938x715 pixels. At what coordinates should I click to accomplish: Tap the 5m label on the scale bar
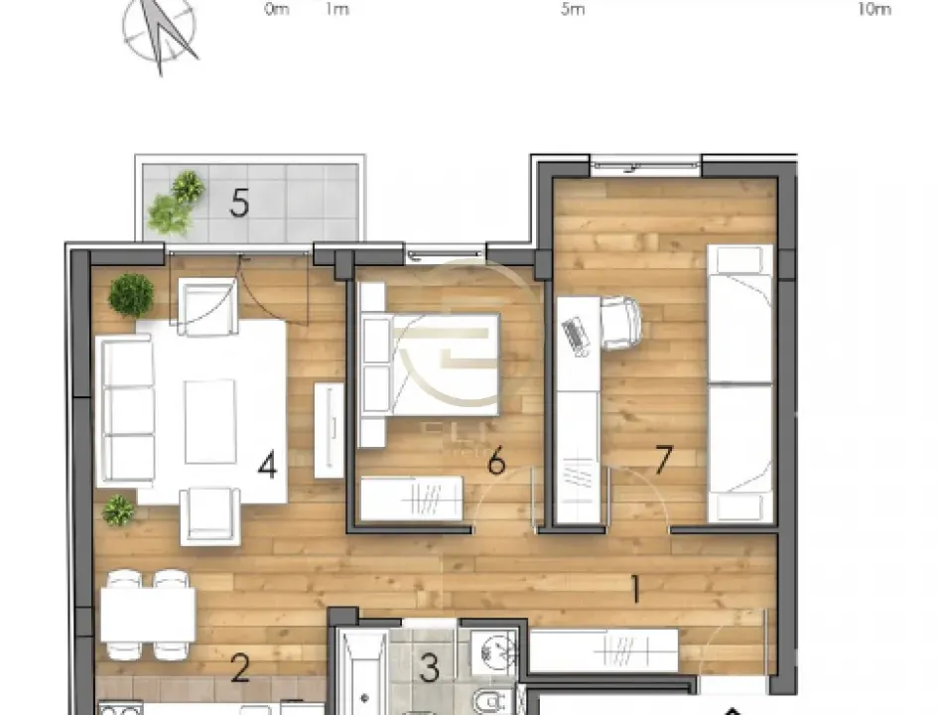(573, 10)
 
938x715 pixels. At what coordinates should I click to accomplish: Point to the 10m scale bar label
(873, 10)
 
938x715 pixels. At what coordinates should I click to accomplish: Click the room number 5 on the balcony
(239, 204)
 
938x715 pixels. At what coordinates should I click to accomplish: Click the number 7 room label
(664, 459)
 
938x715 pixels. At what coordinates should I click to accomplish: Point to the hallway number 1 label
(634, 590)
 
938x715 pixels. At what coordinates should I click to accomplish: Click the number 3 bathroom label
(429, 667)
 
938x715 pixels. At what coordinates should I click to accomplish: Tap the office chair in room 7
(619, 324)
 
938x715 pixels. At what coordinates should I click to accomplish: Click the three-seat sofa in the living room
(126, 409)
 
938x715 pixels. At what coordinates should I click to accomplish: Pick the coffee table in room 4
(209, 420)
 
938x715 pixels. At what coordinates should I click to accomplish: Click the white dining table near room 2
(148, 615)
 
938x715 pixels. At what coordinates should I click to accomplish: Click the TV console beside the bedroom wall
(329, 429)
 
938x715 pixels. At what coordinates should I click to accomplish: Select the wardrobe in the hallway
(603, 650)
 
